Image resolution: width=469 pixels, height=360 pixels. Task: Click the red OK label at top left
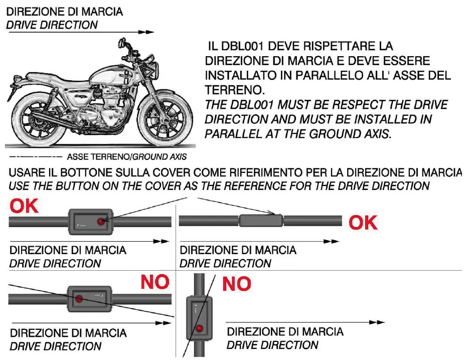[x=24, y=206]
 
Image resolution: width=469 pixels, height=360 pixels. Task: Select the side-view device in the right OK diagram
[x=260, y=220]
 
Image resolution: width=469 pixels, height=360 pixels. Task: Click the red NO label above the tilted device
[x=155, y=282]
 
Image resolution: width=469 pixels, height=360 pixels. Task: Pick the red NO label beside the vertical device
[x=236, y=284]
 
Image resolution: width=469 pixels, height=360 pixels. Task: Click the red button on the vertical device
[x=200, y=329]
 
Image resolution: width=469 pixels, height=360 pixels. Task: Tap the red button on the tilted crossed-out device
[x=79, y=299]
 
